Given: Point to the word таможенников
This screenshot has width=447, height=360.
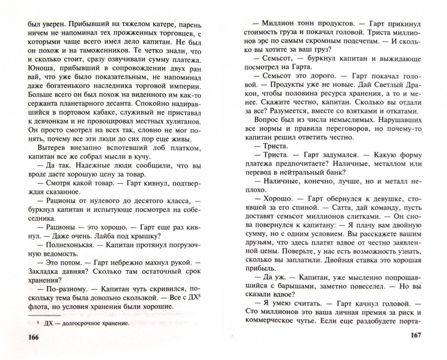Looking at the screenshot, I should tap(103, 51).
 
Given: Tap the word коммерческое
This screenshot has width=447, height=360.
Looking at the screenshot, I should tap(271, 321).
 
